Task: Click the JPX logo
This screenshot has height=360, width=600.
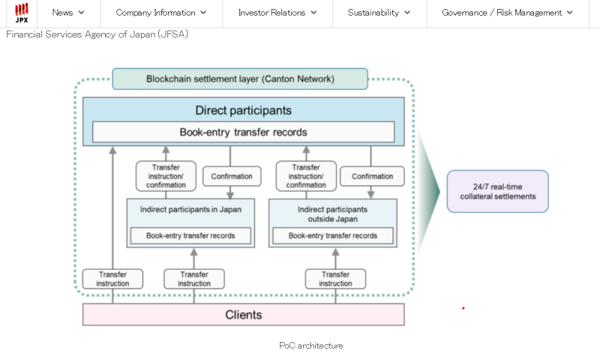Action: (x=22, y=13)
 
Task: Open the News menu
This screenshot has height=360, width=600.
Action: (x=68, y=13)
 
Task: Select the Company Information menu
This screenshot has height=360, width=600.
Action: (x=161, y=13)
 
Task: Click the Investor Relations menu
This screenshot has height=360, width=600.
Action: (x=277, y=13)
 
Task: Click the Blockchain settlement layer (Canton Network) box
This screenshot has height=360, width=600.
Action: (x=240, y=79)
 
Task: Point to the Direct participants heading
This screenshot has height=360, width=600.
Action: (x=243, y=110)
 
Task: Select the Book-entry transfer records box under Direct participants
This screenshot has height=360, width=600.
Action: (x=243, y=132)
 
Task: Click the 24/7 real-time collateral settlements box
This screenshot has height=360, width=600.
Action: (x=497, y=191)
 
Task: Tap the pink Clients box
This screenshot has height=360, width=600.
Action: (x=243, y=314)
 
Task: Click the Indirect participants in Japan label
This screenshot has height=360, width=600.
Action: (x=190, y=209)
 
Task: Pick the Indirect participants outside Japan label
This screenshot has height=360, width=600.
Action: (x=332, y=214)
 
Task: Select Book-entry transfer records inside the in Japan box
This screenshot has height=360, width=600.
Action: (x=190, y=236)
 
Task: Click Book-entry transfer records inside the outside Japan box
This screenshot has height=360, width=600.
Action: (x=332, y=236)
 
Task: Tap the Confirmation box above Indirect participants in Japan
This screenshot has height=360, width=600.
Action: (x=232, y=176)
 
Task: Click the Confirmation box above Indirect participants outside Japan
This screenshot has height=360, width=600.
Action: (x=372, y=176)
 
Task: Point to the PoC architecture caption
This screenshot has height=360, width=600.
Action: (x=311, y=346)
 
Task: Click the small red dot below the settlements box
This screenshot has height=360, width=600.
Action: (x=463, y=308)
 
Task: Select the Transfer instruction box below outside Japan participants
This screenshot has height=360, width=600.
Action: (x=335, y=279)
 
